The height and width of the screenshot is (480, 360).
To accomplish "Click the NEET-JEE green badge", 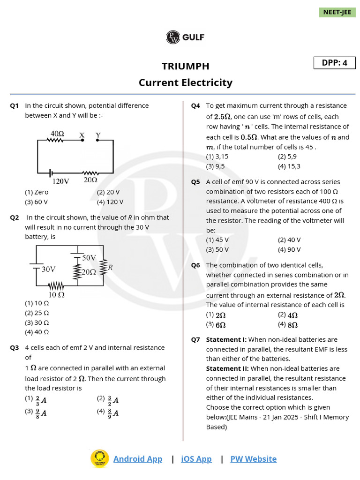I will click(x=337, y=12).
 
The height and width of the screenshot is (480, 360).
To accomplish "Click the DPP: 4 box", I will click(x=334, y=63).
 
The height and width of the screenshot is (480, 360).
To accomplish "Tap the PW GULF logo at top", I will click(x=185, y=37).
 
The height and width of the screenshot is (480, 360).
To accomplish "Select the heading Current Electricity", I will click(x=185, y=82).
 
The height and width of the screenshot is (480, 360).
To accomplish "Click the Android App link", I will click(x=138, y=459).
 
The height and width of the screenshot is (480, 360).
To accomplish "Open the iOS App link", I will click(x=196, y=459).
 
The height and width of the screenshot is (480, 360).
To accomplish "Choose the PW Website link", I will click(x=253, y=459).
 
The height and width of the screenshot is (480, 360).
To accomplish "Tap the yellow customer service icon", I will click(x=99, y=459).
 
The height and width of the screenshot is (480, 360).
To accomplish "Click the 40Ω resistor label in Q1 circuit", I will click(x=57, y=134).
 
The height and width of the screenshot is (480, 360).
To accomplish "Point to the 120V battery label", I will click(x=60, y=181).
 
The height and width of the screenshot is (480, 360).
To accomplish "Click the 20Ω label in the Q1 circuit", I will click(x=90, y=180).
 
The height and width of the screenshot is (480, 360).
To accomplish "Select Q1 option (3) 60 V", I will click(x=37, y=202).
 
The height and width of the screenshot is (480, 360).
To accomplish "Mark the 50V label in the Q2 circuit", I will click(x=89, y=258).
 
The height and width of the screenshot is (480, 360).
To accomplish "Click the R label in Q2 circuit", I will click(x=110, y=268).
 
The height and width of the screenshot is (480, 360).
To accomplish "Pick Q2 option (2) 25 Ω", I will click(x=37, y=313).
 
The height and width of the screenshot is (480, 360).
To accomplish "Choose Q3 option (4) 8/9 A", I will click(x=108, y=413).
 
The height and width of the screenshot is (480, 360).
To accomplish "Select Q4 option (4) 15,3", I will click(x=289, y=166).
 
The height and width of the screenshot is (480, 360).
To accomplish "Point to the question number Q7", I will click(x=195, y=340).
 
